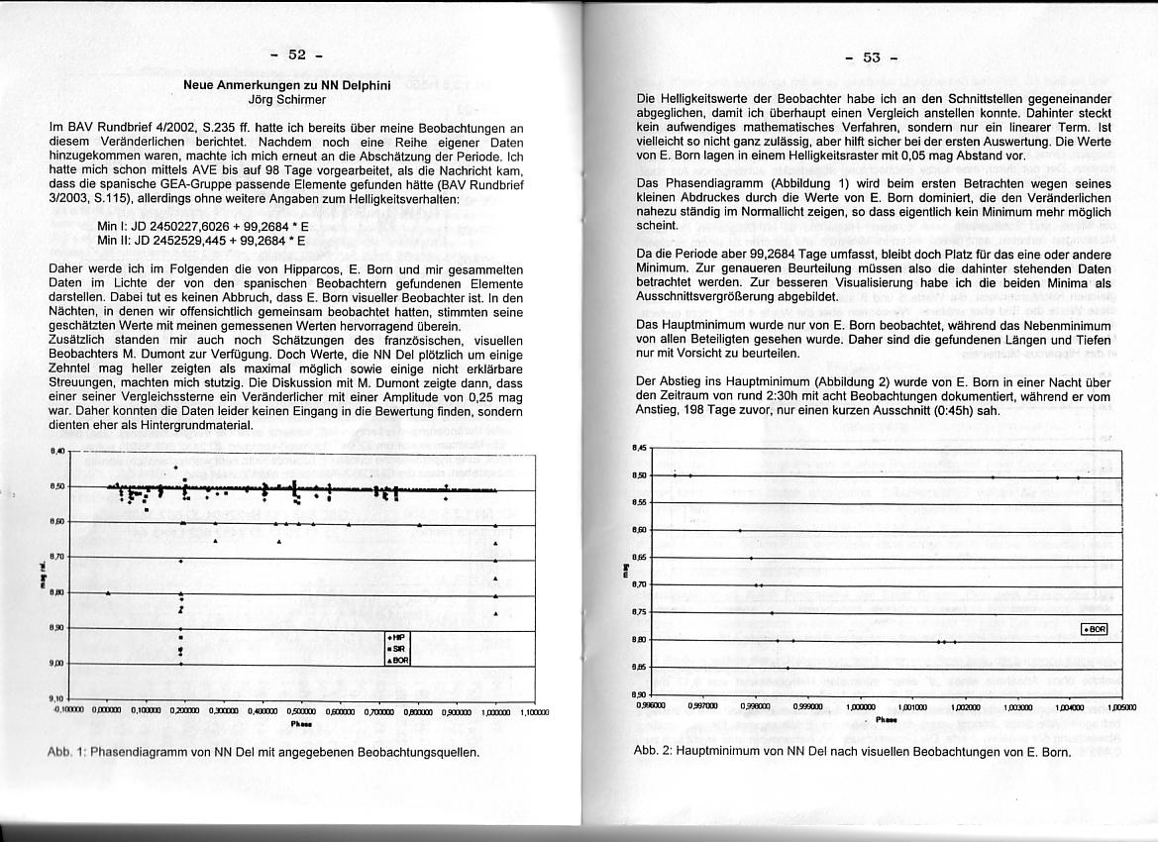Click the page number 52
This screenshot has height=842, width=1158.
coord(297,55)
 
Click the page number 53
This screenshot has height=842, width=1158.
coord(872,57)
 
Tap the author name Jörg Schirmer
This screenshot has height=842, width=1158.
coord(287,99)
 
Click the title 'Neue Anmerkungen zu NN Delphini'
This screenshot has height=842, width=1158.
coord(287,86)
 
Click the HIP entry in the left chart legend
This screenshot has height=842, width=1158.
coord(398,638)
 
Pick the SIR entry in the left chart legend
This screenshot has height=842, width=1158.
coord(398,649)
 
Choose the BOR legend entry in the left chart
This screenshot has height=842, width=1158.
coord(398,660)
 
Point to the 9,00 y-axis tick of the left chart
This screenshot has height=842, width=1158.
coord(57,664)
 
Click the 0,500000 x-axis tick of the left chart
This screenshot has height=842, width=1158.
coord(300,711)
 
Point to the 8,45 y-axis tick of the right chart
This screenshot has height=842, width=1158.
coord(639,449)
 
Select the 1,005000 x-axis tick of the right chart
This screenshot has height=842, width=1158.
coord(1123,707)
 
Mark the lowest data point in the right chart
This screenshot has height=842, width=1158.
coord(789,669)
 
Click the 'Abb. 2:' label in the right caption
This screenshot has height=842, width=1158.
coord(654,751)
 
